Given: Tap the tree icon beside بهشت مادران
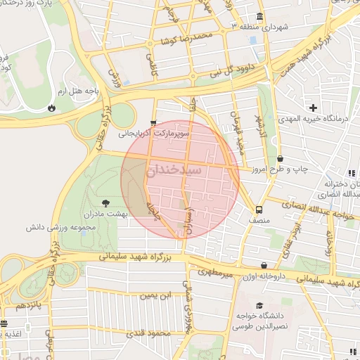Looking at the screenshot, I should click(x=105, y=203).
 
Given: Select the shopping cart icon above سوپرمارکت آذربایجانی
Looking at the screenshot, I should click(x=154, y=122).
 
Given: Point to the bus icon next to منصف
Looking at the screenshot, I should click(x=259, y=210).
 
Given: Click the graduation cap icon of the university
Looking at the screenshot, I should click(x=260, y=306).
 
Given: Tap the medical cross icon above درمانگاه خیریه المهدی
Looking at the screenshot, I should click(x=313, y=107).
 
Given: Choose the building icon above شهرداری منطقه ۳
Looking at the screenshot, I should click(x=260, y=17).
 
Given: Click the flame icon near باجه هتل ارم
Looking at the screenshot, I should click(x=51, y=108).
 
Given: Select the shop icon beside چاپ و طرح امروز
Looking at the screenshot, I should click(x=281, y=159).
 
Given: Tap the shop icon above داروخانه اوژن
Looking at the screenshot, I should click(x=264, y=266).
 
